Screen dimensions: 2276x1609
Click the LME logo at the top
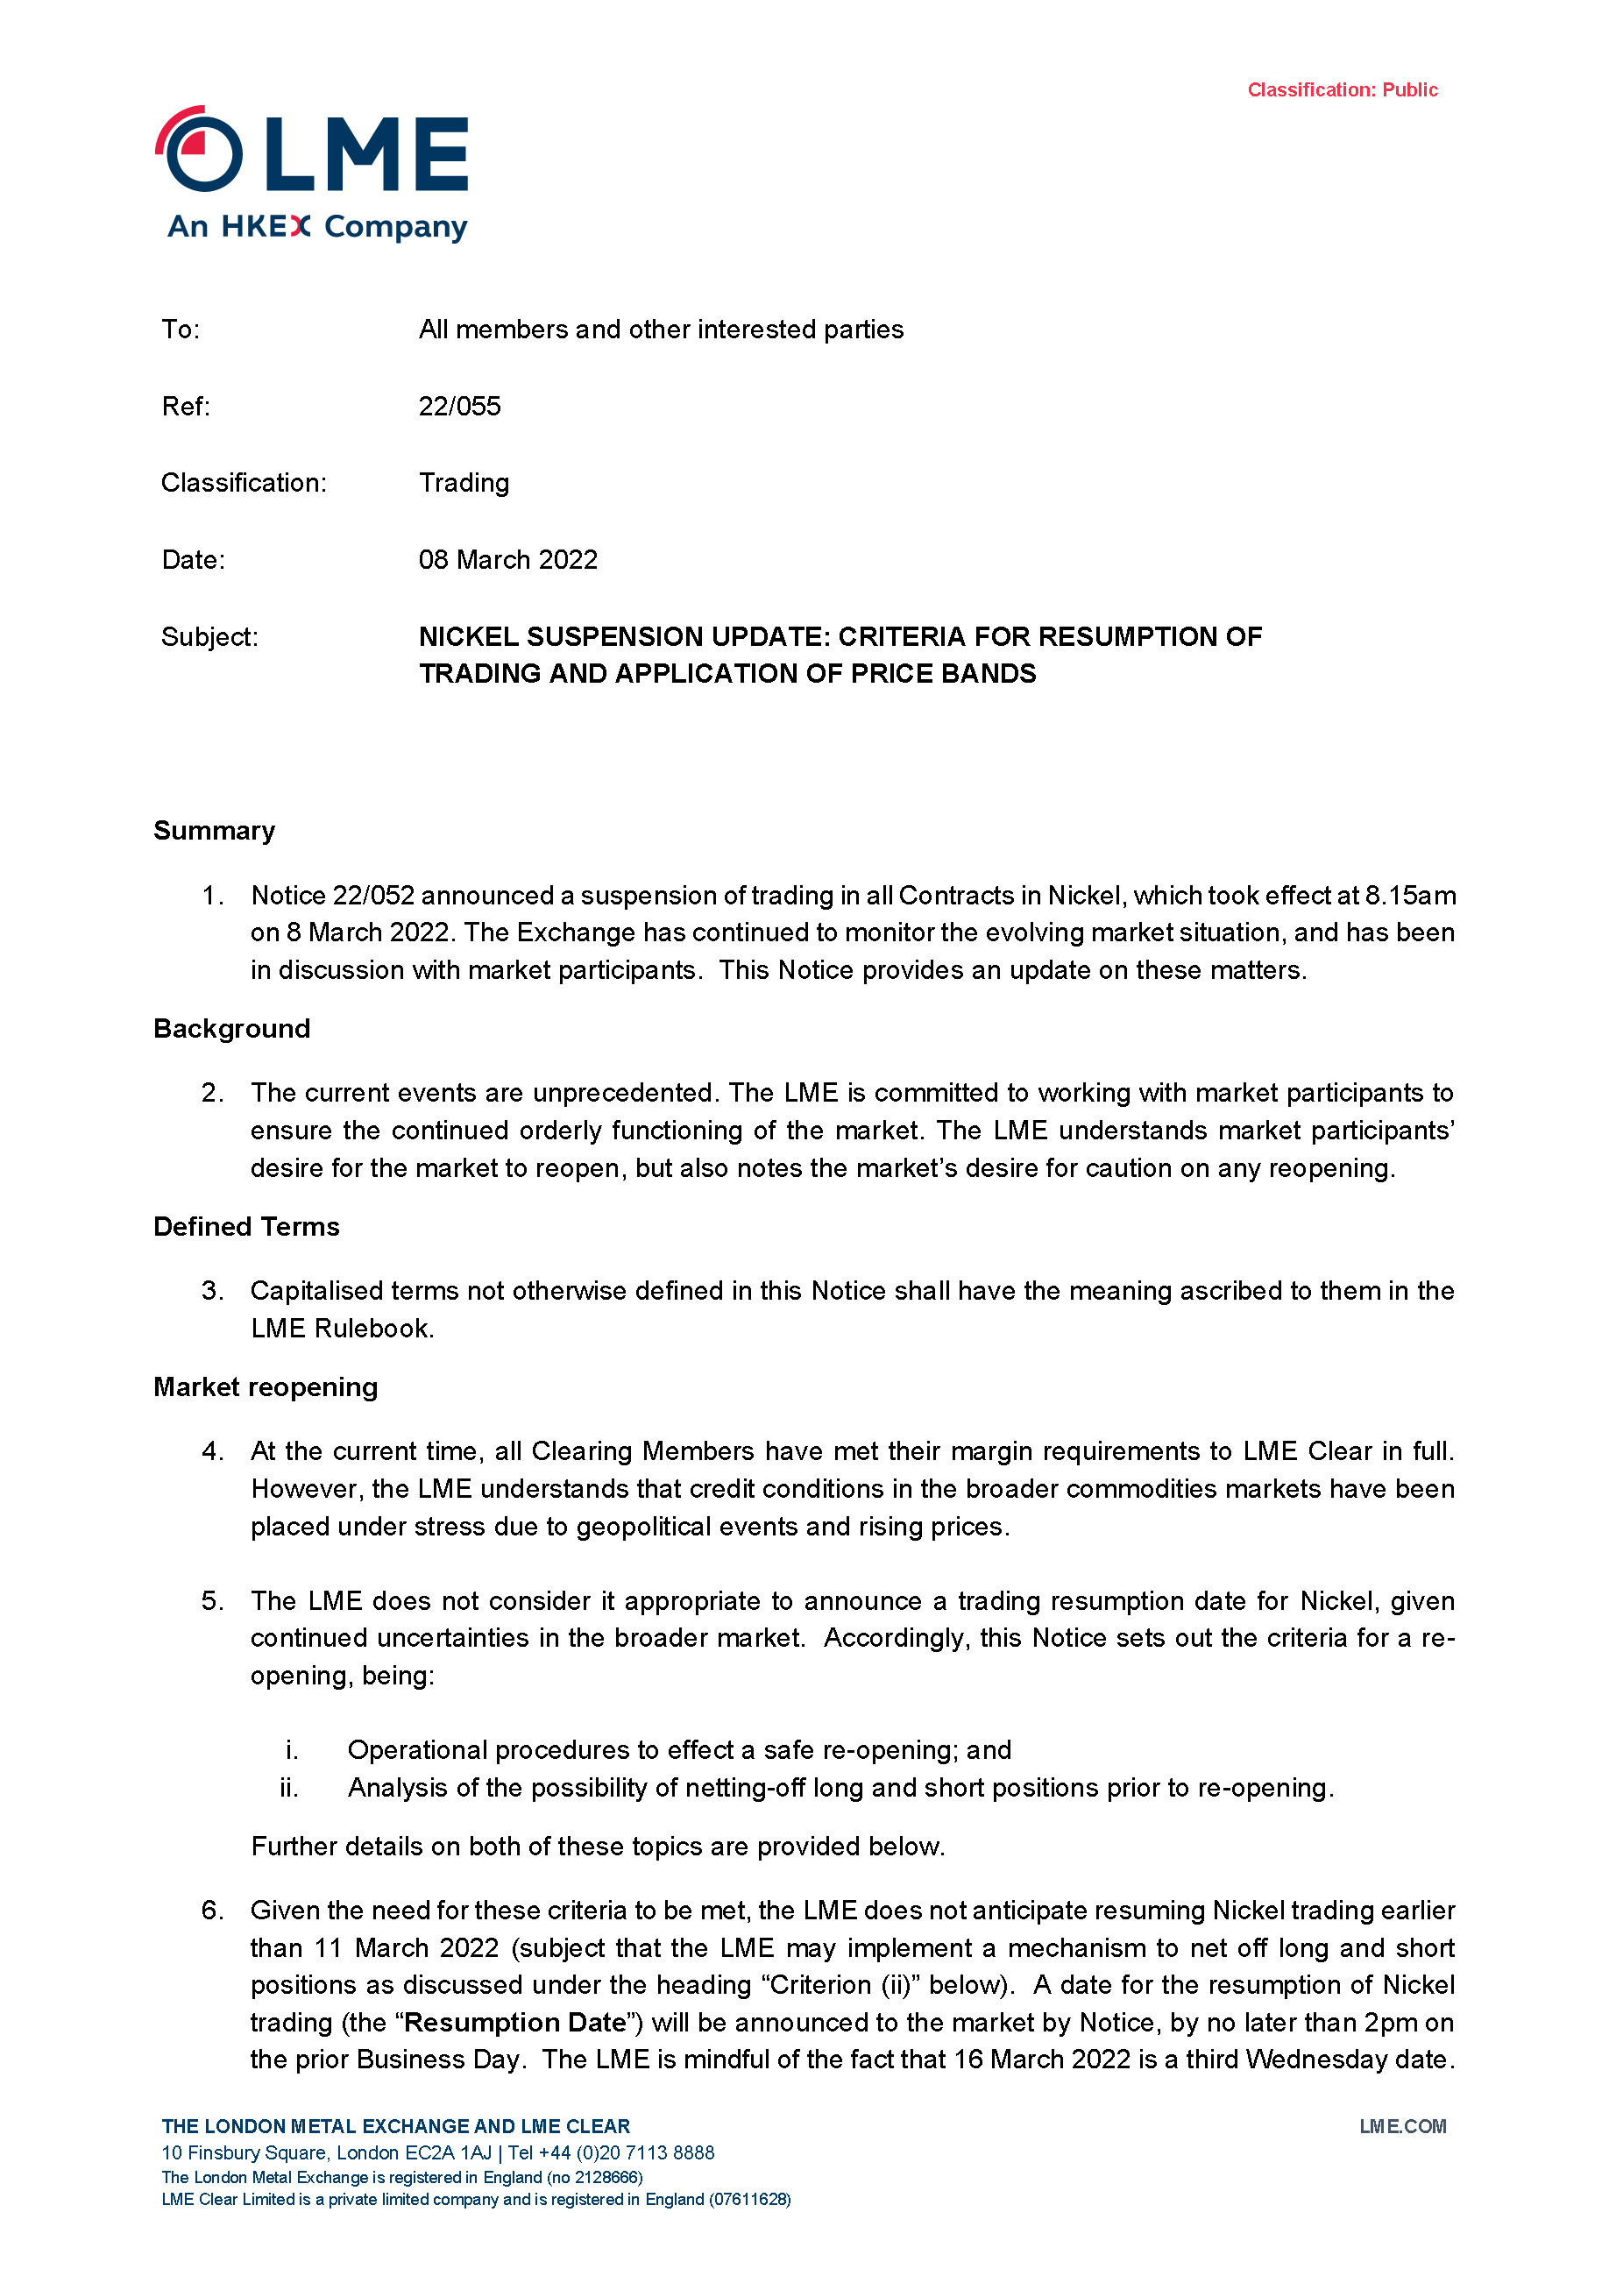[311, 173]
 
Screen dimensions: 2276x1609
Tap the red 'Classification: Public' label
[1342, 90]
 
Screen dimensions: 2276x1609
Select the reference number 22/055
[459, 407]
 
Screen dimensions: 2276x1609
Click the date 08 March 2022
[507, 560]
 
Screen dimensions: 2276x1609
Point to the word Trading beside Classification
[464, 483]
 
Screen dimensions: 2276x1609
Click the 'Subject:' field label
[209, 636]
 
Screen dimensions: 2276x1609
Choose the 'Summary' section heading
[214, 831]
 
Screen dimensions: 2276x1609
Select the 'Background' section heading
[232, 1029]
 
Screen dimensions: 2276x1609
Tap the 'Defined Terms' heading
[246, 1227]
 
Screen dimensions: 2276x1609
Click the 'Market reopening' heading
[266, 1386]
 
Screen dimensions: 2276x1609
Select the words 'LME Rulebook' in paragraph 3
[342, 1329]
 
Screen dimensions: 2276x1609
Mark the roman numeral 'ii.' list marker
[288, 1788]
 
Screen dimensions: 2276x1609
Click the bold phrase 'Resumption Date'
[515, 2022]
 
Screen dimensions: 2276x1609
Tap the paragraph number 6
[212, 1911]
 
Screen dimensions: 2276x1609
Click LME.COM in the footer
[1402, 2126]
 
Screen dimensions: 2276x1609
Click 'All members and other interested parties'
[660, 330]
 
